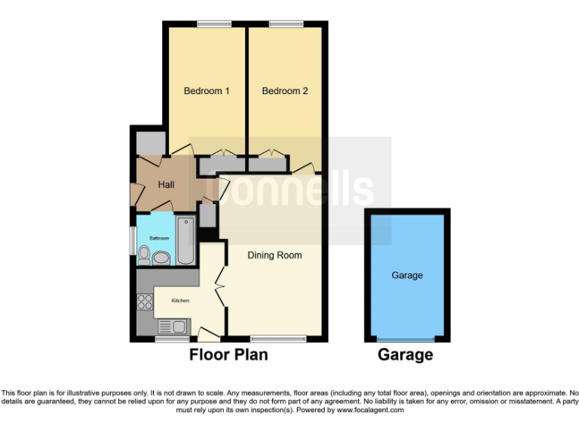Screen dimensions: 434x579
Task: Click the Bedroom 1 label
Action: point(207,91)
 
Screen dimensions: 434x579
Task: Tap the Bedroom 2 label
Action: point(285,91)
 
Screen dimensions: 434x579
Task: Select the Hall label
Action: point(167,185)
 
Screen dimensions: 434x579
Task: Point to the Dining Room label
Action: point(274,255)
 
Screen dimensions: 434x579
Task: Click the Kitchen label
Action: point(181,301)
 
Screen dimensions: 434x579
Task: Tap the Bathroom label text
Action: point(159,238)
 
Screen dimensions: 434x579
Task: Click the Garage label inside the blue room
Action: point(406,275)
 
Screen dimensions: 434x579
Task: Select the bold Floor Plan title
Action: point(228,354)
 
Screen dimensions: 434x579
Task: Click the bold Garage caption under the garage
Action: point(406,354)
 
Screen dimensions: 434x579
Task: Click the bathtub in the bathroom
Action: point(185,240)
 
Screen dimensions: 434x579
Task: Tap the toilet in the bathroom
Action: point(144,256)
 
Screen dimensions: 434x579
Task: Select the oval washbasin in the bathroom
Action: point(161,258)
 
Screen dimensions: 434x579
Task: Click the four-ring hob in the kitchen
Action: point(144,303)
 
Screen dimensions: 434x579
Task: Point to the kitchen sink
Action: point(174,327)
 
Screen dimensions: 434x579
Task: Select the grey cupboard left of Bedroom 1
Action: point(151,142)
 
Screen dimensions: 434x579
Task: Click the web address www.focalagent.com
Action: point(370,411)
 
